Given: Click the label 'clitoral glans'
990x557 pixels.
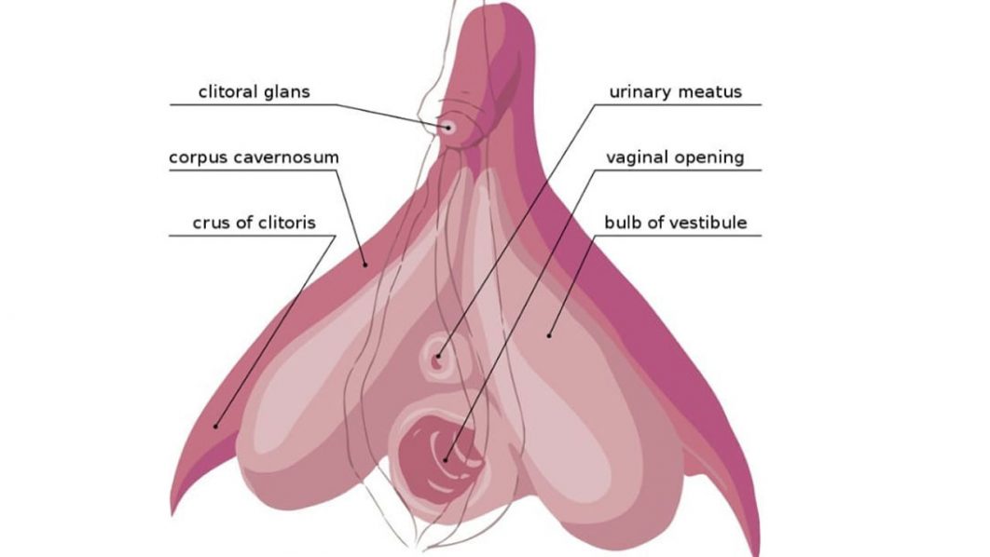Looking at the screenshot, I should pyautogui.click(x=254, y=91).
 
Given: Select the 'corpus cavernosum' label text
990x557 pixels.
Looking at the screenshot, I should pyautogui.click(x=254, y=157).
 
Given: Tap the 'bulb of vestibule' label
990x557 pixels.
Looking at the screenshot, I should pyautogui.click(x=675, y=223).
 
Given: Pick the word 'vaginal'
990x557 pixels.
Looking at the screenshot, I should pyautogui.click(x=637, y=157).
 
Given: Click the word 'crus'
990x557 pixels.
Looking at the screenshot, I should pyautogui.click(x=210, y=223).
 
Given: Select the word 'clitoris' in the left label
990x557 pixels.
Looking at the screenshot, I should pyautogui.click(x=283, y=223).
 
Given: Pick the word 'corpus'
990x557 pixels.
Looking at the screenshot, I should pyautogui.click(x=197, y=157).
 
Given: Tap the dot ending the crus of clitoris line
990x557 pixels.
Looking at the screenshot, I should pyautogui.click(x=216, y=427).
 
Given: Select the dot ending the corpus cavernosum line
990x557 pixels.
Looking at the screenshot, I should pyautogui.click(x=366, y=264).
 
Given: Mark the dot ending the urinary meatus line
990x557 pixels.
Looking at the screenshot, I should pyautogui.click(x=436, y=356).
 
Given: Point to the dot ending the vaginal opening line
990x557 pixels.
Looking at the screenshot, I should pyautogui.click(x=447, y=457).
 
